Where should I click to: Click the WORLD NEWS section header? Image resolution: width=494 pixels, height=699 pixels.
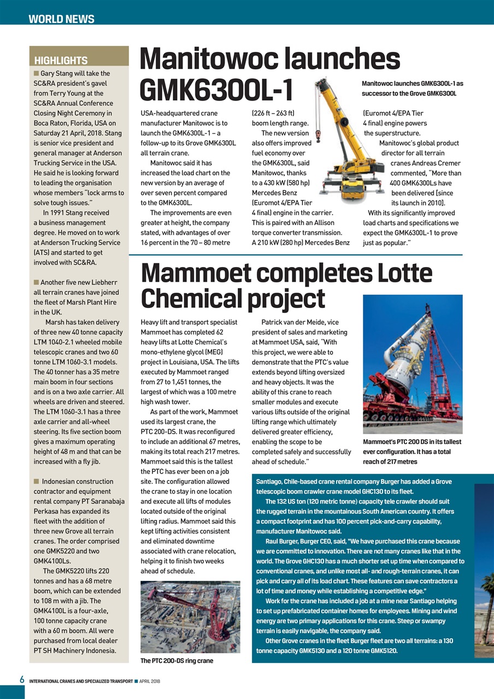61,19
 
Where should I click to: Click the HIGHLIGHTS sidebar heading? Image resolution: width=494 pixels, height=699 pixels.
61,61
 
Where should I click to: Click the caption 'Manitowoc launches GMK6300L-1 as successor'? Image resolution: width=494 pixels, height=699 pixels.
413,88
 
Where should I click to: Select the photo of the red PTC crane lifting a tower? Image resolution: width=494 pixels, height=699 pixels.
413,364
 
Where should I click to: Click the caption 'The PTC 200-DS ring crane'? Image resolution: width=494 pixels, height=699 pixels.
177,661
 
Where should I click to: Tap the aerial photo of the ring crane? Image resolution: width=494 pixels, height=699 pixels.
190,617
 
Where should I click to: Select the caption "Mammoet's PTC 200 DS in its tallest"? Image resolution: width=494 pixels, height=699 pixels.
412,442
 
